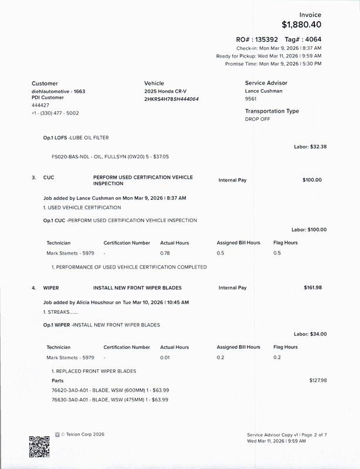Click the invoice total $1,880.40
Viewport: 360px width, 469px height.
(x=301, y=25)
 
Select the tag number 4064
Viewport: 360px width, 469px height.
(x=312, y=39)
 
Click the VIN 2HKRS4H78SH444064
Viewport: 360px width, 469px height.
(x=171, y=99)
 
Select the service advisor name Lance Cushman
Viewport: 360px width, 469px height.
(x=263, y=91)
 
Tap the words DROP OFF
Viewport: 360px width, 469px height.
(x=258, y=119)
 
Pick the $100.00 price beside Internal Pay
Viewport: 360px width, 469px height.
(x=312, y=180)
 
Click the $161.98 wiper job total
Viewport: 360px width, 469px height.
(x=313, y=288)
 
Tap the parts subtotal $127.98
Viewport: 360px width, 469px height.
(x=318, y=380)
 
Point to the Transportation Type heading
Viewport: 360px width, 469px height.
(x=271, y=111)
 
